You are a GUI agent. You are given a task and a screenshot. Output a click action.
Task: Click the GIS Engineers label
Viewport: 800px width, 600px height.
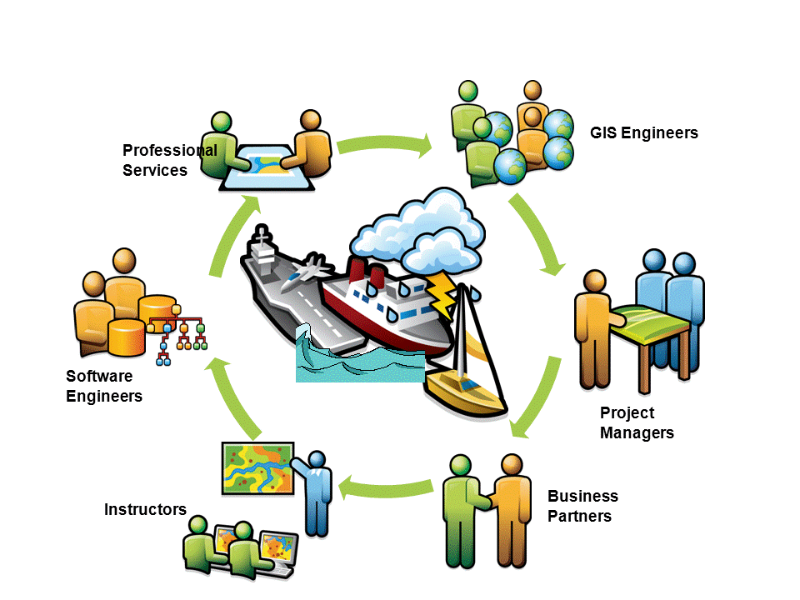(x=643, y=132)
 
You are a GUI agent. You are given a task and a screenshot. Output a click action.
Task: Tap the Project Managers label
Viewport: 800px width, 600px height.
(x=637, y=422)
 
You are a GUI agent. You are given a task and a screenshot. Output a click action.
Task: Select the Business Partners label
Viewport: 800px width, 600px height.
(x=582, y=506)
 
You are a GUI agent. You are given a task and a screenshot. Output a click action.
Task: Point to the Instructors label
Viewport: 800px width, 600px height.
(x=145, y=509)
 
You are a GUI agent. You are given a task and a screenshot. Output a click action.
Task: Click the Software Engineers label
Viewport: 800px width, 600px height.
(x=104, y=386)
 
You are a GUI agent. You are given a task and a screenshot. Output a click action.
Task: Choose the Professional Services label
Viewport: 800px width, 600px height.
(x=169, y=160)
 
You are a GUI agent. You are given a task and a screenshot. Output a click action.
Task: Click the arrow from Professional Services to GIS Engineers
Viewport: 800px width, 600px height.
(x=384, y=145)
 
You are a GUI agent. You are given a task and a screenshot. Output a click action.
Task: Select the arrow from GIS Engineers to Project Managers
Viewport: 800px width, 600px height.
(x=539, y=236)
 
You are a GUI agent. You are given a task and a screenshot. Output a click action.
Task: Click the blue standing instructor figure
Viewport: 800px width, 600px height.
(x=317, y=492)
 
